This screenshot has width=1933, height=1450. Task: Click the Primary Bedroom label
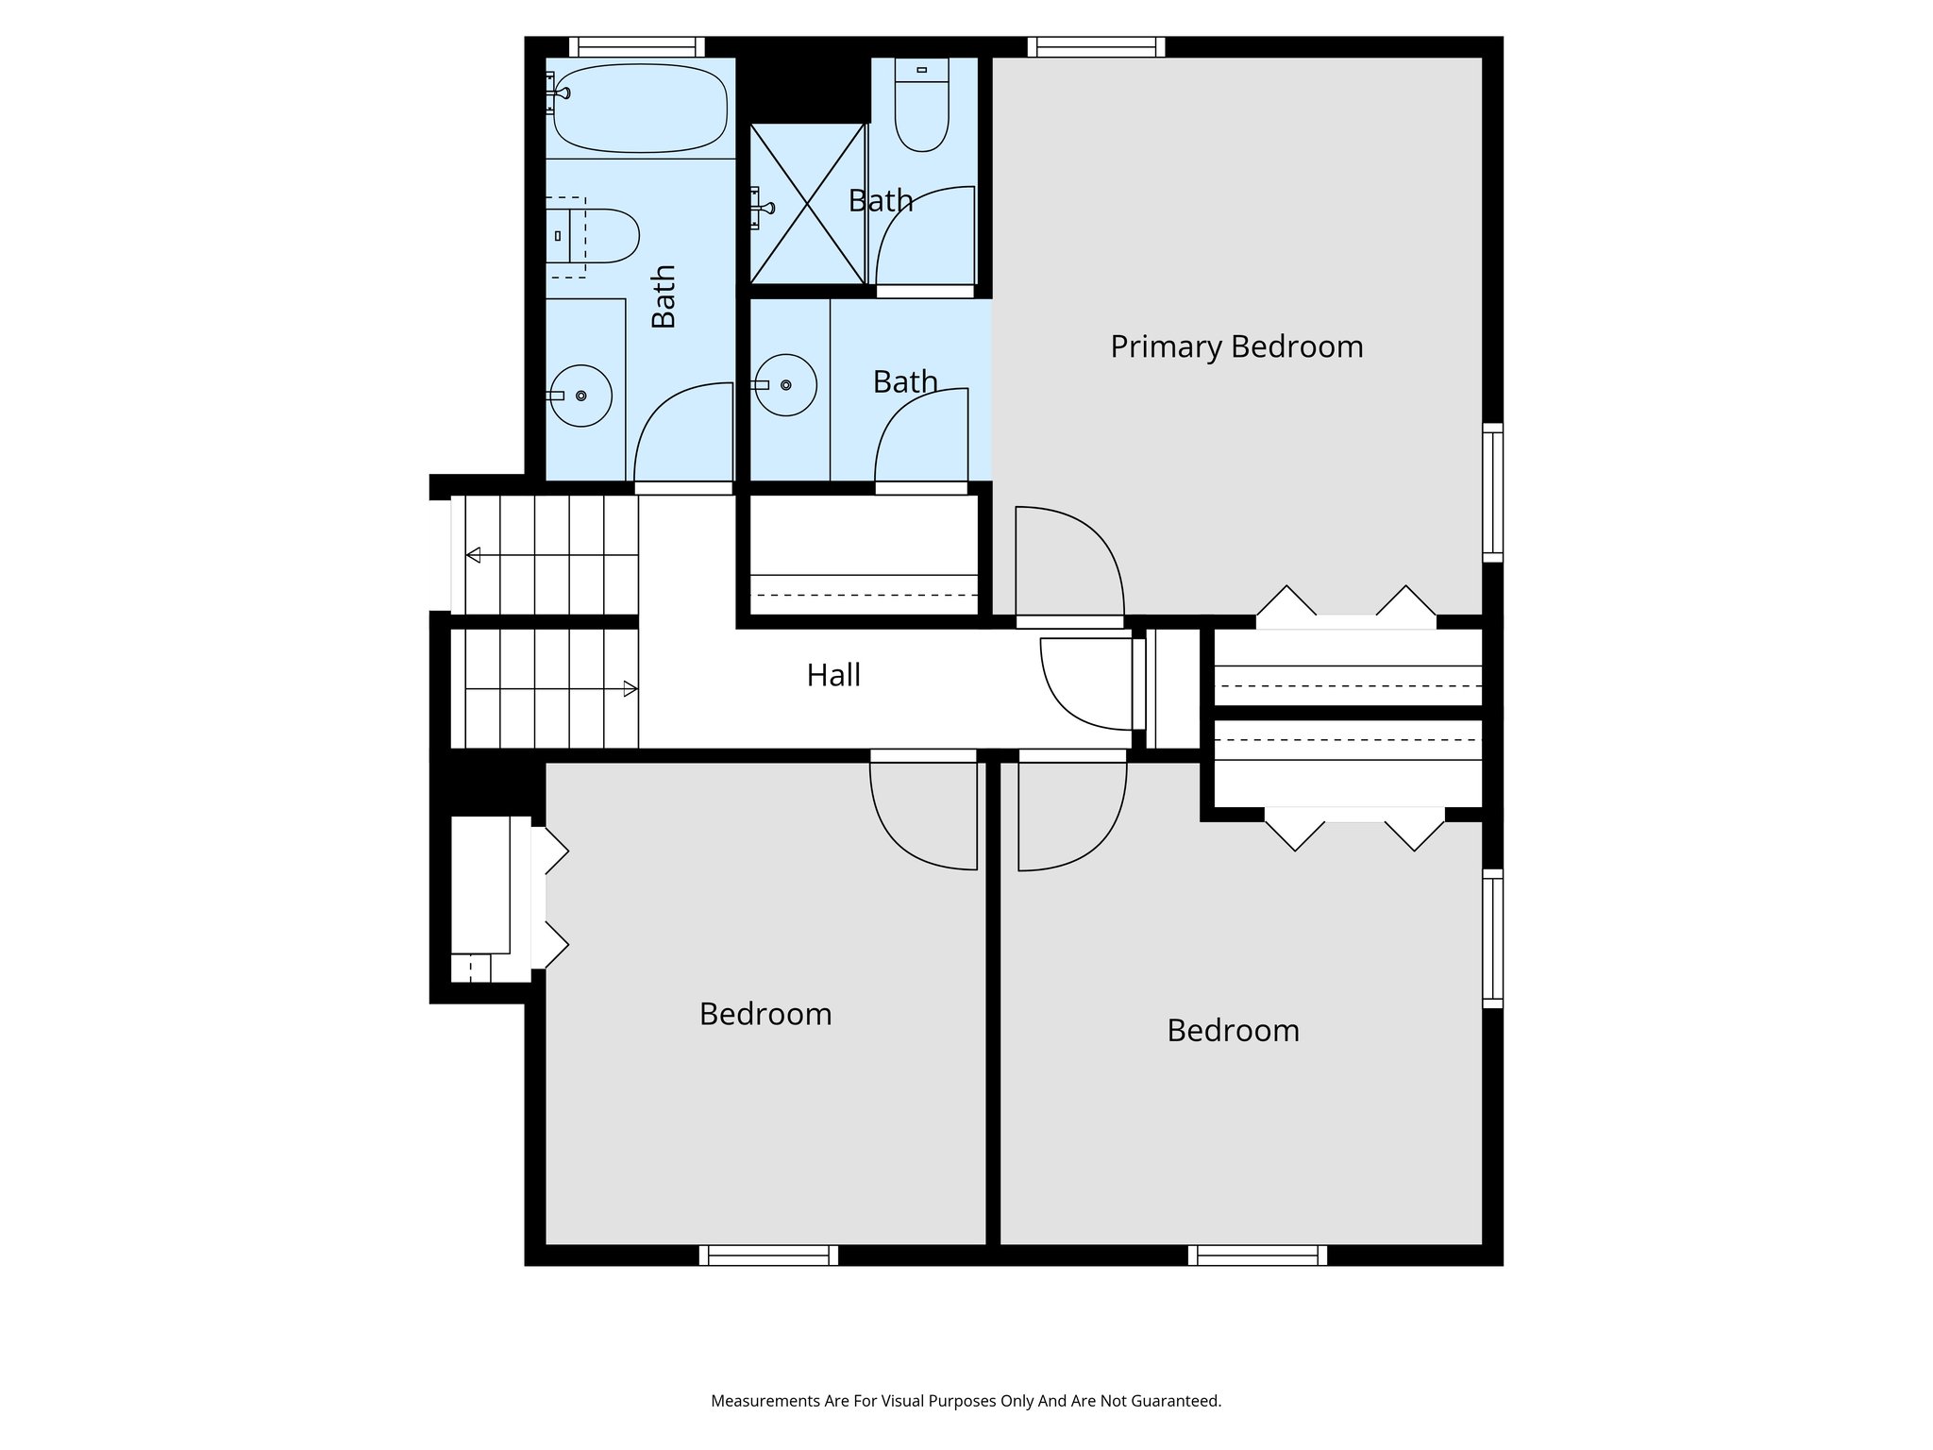(1235, 346)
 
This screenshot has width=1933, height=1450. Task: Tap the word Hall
(833, 675)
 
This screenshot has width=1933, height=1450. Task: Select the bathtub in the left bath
(640, 108)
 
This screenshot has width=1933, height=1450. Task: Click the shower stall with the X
(807, 203)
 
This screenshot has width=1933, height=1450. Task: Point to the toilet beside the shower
(921, 107)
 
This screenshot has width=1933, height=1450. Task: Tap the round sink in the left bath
(581, 396)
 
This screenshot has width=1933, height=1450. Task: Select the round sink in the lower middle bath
(785, 385)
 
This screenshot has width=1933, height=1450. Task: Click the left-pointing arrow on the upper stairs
(473, 555)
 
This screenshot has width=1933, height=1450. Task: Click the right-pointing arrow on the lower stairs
(630, 689)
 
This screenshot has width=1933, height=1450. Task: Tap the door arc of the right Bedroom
(1071, 817)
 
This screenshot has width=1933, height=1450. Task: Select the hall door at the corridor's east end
(1085, 684)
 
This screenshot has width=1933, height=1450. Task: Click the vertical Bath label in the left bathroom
(664, 296)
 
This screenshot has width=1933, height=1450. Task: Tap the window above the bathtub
(637, 46)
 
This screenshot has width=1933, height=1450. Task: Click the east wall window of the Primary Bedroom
(1492, 492)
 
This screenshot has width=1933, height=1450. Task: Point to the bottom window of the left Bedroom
(768, 1255)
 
